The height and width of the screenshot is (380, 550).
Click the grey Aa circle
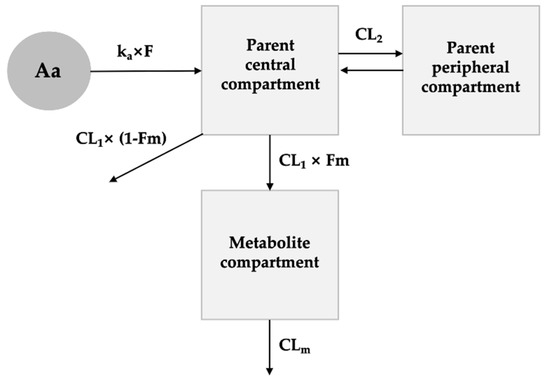pos(48,70)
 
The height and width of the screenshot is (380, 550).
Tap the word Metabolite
pos(269,243)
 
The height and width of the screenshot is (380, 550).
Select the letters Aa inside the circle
pos(48,70)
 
